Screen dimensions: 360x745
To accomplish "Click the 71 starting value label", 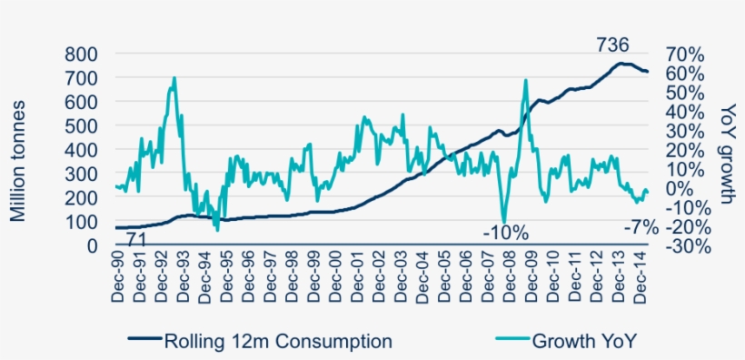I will (136, 240).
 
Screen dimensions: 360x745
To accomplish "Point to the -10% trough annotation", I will (505, 233).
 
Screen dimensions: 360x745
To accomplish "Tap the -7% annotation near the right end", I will (641, 228).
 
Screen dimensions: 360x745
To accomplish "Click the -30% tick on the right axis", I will (682, 245).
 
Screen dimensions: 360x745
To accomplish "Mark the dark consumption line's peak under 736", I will (619, 64).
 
